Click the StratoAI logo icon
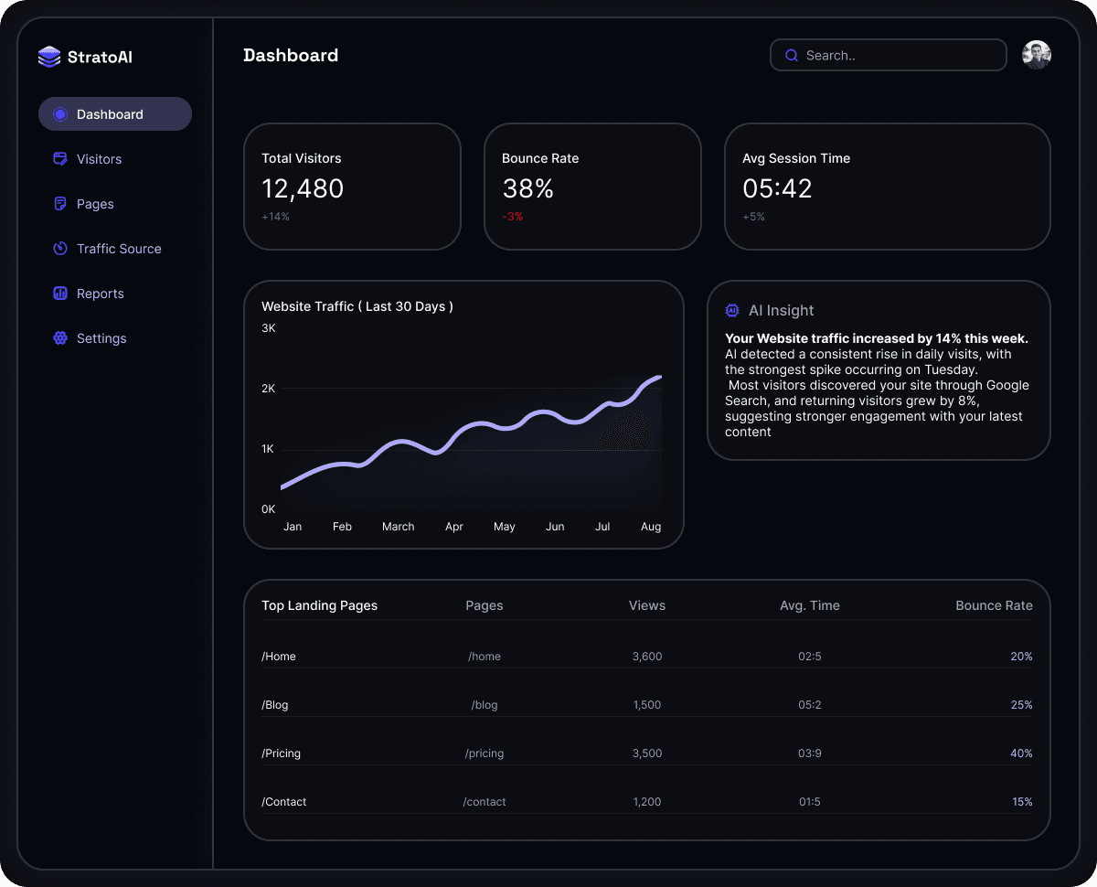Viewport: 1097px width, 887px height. (x=49, y=57)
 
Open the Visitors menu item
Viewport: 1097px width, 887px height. (x=99, y=159)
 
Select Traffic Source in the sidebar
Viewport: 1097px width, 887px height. (x=119, y=249)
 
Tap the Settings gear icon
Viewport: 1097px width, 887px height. (x=60, y=338)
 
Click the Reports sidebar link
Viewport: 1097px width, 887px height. (x=100, y=294)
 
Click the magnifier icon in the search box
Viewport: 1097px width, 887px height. (x=792, y=56)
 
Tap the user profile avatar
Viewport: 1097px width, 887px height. (x=1037, y=55)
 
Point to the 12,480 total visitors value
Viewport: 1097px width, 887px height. (x=303, y=188)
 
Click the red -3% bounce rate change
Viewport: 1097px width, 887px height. (x=513, y=217)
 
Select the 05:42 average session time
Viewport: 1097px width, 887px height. (x=777, y=188)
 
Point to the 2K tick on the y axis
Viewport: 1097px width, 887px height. (x=269, y=389)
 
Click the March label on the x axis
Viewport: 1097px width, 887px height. (x=398, y=527)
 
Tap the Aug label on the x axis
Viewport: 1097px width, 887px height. (x=651, y=527)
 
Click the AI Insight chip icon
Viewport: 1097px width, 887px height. (x=732, y=311)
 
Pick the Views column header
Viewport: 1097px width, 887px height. (x=647, y=605)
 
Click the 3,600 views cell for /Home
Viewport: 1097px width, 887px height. (x=647, y=657)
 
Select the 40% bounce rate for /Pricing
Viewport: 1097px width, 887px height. (x=1021, y=753)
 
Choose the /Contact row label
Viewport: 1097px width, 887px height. (x=284, y=802)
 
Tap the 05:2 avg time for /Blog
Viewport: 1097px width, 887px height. (x=810, y=705)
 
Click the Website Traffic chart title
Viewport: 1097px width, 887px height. (x=357, y=306)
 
